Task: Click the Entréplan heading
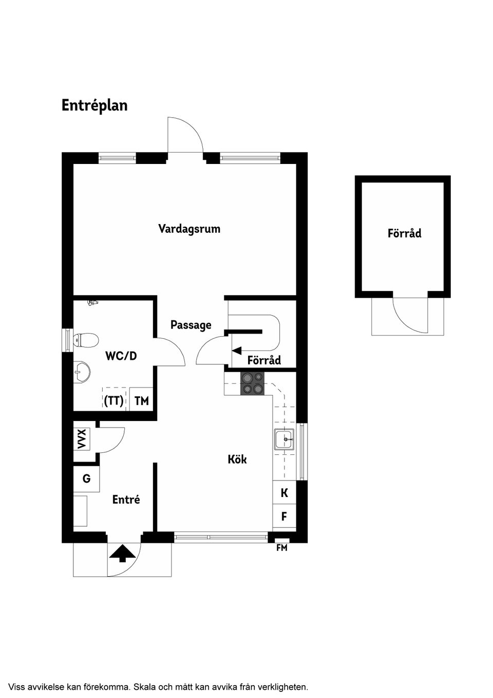coord(94,105)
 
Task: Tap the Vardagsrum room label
coord(189,229)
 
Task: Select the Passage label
coord(191,325)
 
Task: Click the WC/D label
coord(121,356)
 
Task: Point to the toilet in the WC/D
coord(86,340)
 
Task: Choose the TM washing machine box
coord(141,400)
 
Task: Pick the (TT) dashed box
coord(114,400)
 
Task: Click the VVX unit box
coord(82,438)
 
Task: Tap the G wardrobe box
coord(86,479)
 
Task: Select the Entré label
coord(126,499)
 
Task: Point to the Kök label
coord(237,459)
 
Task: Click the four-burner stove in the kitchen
coord(252,383)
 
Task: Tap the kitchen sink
coord(284,439)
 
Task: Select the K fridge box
coord(284,493)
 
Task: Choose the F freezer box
coord(284,517)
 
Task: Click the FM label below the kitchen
coord(282,548)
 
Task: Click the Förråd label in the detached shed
coord(404,233)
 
